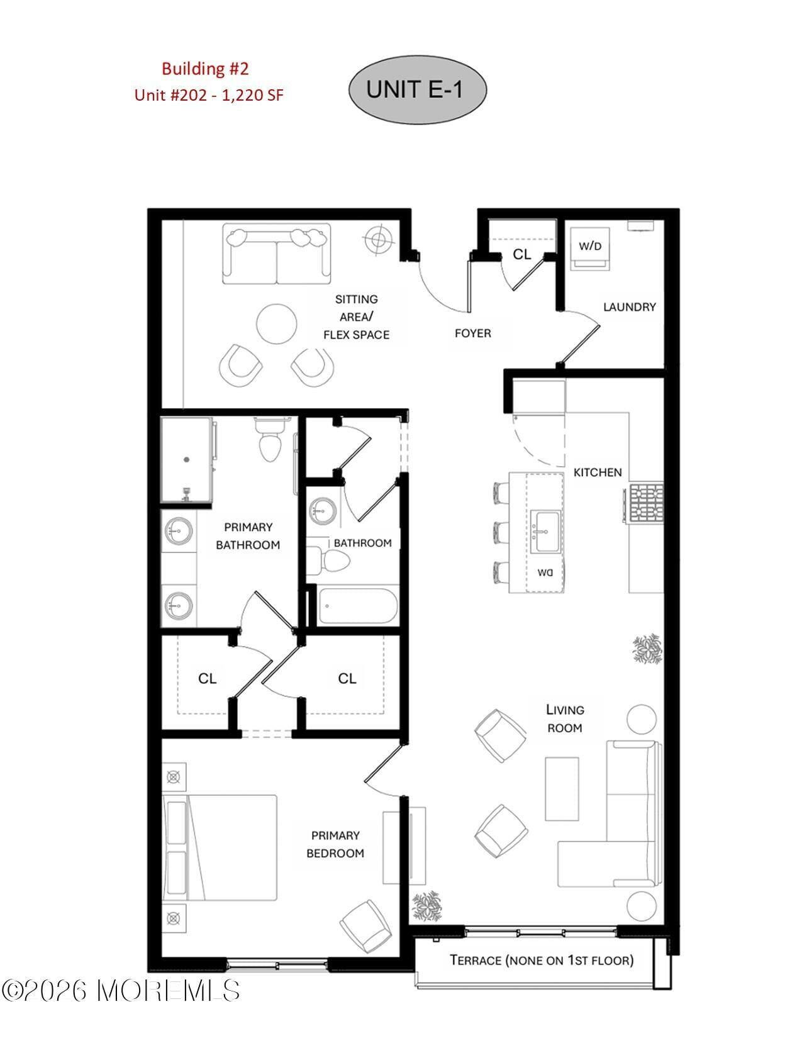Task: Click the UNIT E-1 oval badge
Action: click(x=417, y=89)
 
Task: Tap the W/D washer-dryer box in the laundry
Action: click(x=590, y=247)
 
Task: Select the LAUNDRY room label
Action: click(x=629, y=307)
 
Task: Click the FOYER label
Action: click(x=472, y=333)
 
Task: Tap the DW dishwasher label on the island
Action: click(x=545, y=572)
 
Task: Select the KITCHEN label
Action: click(x=597, y=472)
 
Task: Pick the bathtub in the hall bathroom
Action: click(x=357, y=605)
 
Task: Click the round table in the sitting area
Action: click(x=277, y=324)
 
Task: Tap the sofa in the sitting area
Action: click(x=276, y=254)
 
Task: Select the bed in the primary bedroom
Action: click(x=220, y=847)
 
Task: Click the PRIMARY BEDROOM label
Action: click(x=335, y=844)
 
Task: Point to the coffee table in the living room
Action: click(x=562, y=788)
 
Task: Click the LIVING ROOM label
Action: click(x=564, y=718)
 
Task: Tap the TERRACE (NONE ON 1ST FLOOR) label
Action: click(x=542, y=960)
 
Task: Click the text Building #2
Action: click(x=205, y=69)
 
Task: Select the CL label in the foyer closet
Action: click(x=521, y=254)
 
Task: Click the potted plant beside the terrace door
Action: click(x=427, y=906)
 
